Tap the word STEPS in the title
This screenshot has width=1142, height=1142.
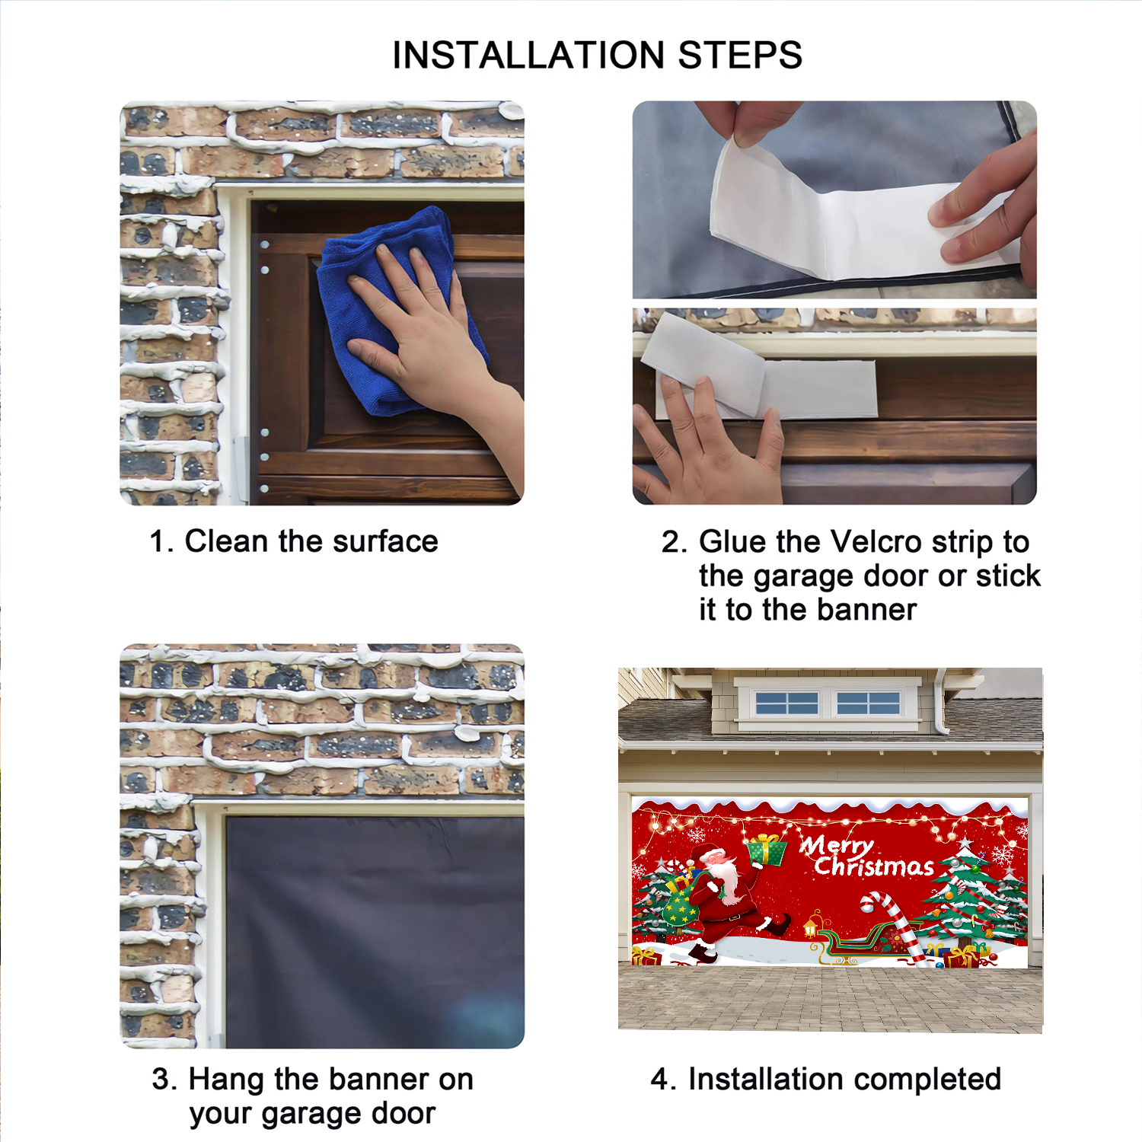[x=739, y=55]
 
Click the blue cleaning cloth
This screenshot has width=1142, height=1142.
[x=396, y=312]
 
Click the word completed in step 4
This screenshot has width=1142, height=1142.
[x=926, y=1080]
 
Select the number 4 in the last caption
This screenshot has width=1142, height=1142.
[x=659, y=1080]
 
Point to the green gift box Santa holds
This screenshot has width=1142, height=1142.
[x=767, y=850]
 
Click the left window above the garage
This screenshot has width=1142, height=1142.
[x=786, y=703]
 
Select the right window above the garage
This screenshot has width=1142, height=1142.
[x=869, y=703]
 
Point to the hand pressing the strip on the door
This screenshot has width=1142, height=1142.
[x=708, y=442]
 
